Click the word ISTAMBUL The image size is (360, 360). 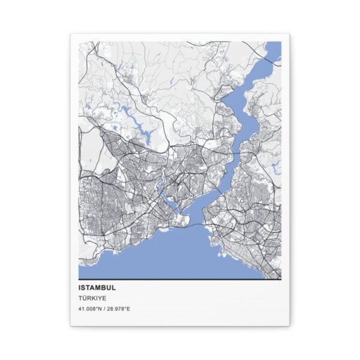pyautogui.click(x=97, y=287)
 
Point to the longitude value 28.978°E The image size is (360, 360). pyautogui.click(x=119, y=309)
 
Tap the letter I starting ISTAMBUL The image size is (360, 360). pyautogui.click(x=79, y=287)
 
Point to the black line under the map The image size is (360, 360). pyautogui.click(x=179, y=279)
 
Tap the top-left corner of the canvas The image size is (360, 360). pyautogui.click(x=70, y=34)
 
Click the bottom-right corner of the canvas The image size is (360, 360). pyautogui.click(x=290, y=326)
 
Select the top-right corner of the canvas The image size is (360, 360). pyautogui.click(x=290, y=34)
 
